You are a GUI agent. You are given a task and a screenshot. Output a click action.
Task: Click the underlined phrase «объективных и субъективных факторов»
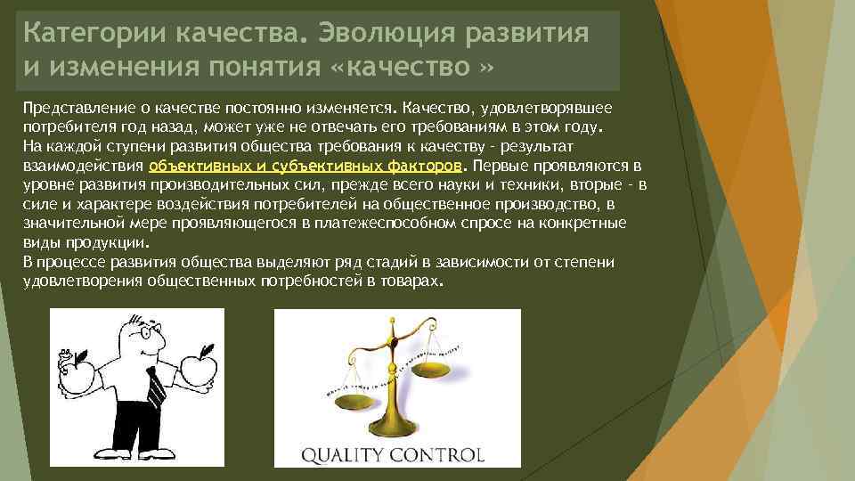[305, 166]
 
